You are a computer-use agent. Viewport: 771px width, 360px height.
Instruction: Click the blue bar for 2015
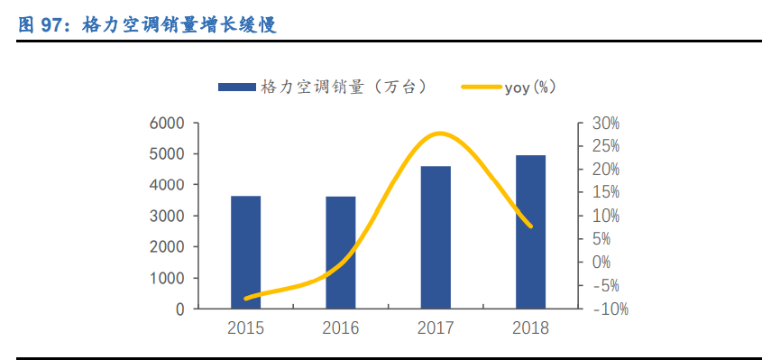pyautogui.click(x=245, y=252)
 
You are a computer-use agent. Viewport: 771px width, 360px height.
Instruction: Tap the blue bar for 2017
pyautogui.click(x=436, y=237)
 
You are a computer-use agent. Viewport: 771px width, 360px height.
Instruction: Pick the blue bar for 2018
pyautogui.click(x=530, y=232)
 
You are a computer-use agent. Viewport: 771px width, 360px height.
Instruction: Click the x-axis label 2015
pyautogui.click(x=245, y=328)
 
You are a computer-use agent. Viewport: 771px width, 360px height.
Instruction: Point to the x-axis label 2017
pyautogui.click(x=436, y=328)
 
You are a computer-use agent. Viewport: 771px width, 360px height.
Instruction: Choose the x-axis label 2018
pyautogui.click(x=530, y=328)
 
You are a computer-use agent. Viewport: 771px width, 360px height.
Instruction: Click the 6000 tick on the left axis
pyautogui.click(x=167, y=124)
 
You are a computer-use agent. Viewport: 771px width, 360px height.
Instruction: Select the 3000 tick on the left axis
pyautogui.click(x=167, y=217)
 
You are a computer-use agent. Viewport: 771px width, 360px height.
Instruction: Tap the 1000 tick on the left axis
pyautogui.click(x=167, y=278)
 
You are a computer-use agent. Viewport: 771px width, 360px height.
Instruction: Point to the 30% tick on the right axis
pyautogui.click(x=606, y=124)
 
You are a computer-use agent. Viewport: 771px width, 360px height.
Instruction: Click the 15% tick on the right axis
pyautogui.click(x=606, y=193)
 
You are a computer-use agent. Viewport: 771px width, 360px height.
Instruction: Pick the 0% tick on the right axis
pyautogui.click(x=602, y=263)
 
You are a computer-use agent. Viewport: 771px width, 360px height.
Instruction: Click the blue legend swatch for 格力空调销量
pyautogui.click(x=235, y=87)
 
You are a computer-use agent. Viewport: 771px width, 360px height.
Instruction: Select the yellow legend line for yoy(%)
pyautogui.click(x=482, y=87)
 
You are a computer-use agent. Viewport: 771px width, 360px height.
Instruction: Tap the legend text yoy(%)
pyautogui.click(x=530, y=87)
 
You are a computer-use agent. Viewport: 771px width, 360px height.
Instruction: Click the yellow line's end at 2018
pyautogui.click(x=530, y=226)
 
